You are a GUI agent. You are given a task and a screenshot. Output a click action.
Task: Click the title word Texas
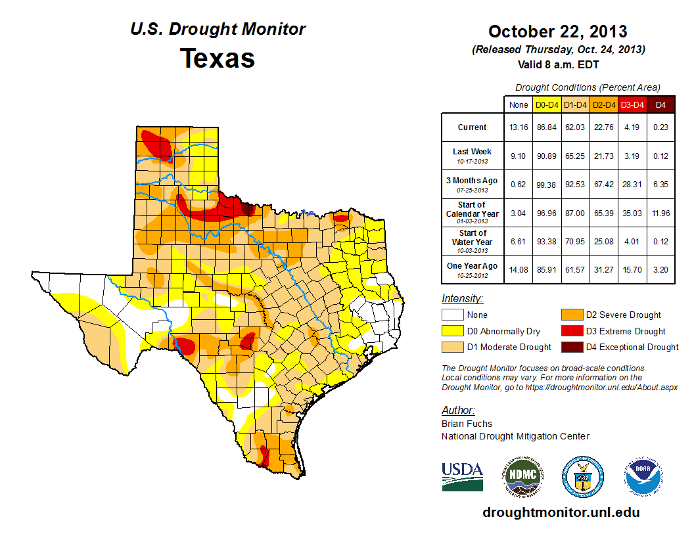point(218,58)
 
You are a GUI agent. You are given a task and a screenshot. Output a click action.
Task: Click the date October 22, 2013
point(557,32)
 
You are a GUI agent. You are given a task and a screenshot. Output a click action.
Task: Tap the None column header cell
point(518,104)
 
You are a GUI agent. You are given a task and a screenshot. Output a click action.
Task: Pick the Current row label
point(473,127)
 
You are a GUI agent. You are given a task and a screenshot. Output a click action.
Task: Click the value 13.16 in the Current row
point(518,127)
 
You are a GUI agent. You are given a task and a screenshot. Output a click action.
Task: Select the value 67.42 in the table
point(603,185)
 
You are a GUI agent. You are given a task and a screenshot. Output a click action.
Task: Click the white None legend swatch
point(453,315)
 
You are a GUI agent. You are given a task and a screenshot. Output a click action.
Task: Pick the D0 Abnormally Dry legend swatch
point(453,331)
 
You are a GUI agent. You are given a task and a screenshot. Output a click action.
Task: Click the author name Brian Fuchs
point(467,424)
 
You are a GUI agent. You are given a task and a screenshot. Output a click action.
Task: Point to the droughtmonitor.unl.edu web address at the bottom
point(561,512)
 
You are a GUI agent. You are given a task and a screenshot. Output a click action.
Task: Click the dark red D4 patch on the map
point(247,209)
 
